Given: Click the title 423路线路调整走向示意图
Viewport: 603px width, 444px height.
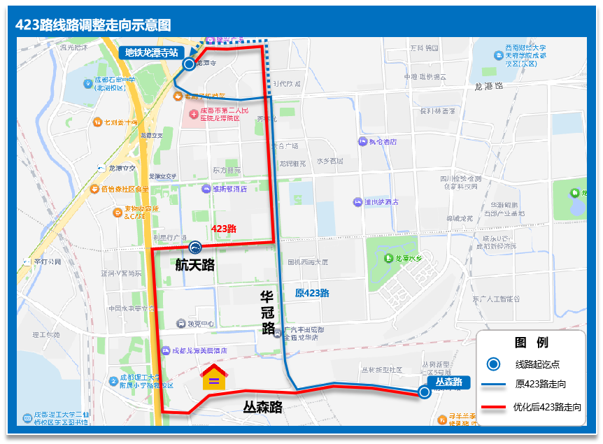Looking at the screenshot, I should pos(93,25).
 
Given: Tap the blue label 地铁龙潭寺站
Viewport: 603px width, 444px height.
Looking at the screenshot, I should pos(152,52).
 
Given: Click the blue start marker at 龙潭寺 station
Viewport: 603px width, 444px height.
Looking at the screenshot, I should pos(188,64).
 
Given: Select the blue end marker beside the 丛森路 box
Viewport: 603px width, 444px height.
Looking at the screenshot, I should pos(424,392).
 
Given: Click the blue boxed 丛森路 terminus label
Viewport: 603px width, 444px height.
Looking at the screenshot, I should pos(448,382).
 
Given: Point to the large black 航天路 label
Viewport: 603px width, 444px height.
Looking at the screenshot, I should pos(194,265).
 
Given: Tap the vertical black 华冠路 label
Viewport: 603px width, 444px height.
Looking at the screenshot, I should pos(267,313).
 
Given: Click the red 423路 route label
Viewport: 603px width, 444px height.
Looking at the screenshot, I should pos(223,229).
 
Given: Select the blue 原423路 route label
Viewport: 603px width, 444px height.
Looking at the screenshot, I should pos(312,293).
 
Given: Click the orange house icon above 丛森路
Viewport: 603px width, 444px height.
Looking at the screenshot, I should pos(214,377).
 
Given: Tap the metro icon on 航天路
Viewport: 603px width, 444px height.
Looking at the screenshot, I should pos(195,247).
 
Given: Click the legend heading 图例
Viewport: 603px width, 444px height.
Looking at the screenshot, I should pos(532,343).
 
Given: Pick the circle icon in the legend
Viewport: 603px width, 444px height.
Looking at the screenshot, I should pos(493,364).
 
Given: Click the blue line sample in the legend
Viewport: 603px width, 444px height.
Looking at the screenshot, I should pos(493,385).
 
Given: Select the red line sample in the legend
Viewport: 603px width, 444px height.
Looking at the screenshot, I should pos(493,406).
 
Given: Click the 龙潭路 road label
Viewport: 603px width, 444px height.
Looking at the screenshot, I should pos(488,87).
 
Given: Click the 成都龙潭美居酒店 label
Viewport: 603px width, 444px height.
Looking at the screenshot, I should pos(199,350).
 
